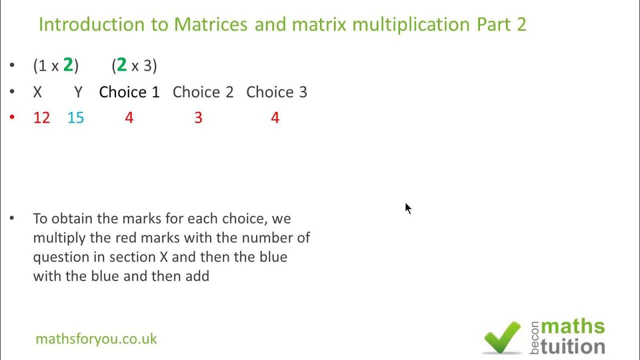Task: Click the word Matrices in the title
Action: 210,24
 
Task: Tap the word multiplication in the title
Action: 410,24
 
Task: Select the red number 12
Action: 41,118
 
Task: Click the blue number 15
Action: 75,118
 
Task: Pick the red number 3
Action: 198,118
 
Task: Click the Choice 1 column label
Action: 129,92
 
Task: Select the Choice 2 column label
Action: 203,92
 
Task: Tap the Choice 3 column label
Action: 276,92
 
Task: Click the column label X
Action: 37,92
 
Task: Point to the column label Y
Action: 78,92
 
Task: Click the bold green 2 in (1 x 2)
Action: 68,65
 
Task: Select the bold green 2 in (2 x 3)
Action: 121,65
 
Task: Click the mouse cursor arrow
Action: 408,208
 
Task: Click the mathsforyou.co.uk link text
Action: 96,339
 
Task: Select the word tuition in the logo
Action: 572,346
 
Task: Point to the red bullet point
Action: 12,117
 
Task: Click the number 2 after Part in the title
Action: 521,24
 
